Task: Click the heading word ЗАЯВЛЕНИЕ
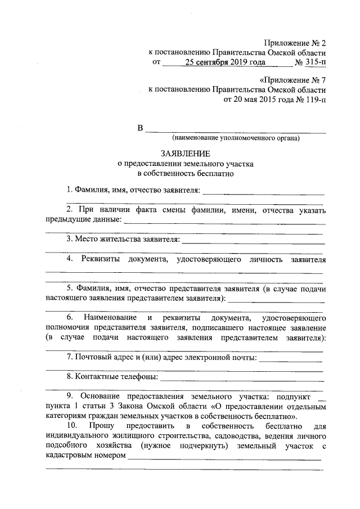coord(185,153)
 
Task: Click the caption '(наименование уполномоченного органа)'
coord(236,137)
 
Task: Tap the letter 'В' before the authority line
coord(141,128)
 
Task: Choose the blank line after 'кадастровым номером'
coord(225,460)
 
